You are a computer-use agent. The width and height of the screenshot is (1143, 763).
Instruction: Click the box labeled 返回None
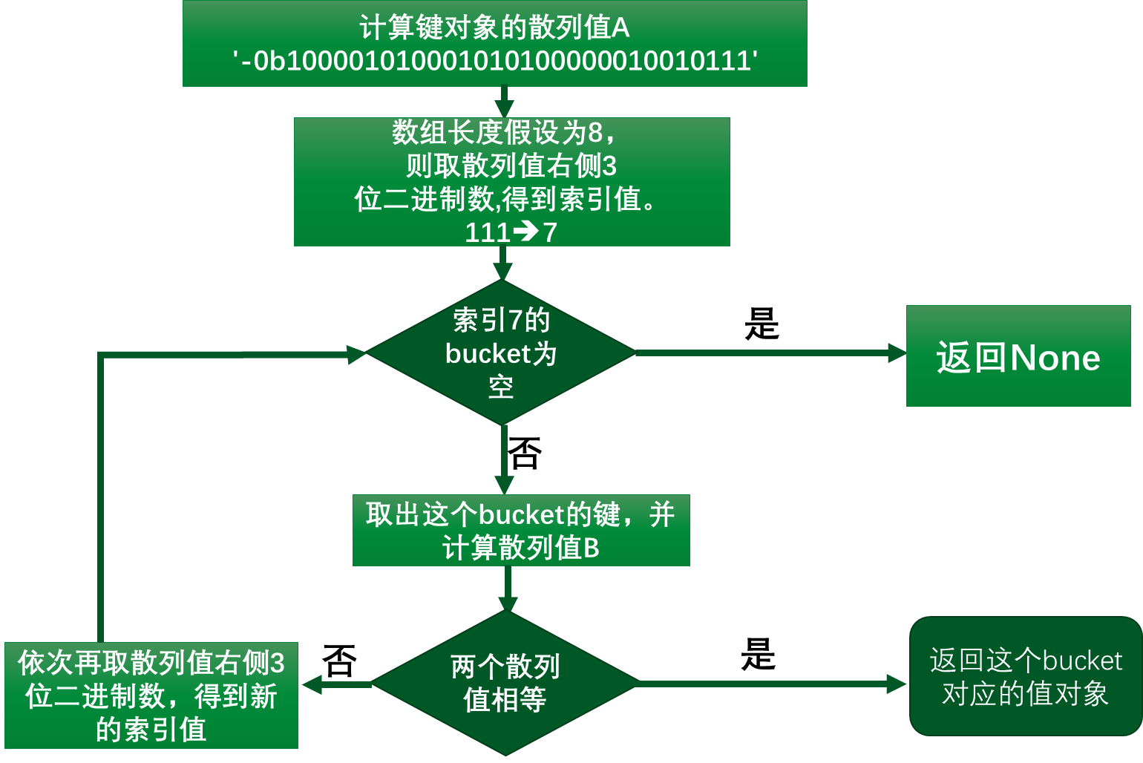tap(1018, 356)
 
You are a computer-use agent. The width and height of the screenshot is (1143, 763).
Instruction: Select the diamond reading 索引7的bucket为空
tap(501, 353)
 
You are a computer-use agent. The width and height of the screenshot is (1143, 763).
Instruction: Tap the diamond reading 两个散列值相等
tap(505, 683)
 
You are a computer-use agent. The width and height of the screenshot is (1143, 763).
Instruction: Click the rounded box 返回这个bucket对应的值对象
tap(1025, 676)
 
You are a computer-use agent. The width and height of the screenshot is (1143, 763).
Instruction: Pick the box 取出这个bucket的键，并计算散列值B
tap(521, 531)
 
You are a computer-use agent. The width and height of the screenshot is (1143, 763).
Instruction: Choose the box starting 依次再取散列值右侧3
tap(151, 695)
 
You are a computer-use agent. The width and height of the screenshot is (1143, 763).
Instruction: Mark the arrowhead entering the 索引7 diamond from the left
tap(356, 354)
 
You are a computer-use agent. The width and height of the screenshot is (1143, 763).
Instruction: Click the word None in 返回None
tap(1055, 358)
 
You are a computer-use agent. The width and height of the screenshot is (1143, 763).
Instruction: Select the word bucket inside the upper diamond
tap(488, 354)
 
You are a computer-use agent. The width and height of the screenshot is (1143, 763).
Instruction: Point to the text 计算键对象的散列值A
tap(494, 28)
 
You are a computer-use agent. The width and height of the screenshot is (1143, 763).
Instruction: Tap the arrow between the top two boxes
tap(504, 102)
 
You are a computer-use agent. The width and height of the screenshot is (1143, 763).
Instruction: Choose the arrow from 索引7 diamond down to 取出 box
tap(504, 460)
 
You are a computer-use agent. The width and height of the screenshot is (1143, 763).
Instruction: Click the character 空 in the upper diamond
tap(501, 387)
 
